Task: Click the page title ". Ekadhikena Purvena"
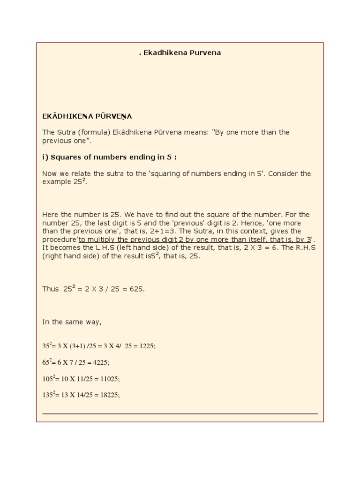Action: [x=180, y=53]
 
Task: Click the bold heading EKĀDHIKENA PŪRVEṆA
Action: [x=87, y=116]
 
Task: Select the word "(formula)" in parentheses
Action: [x=97, y=132]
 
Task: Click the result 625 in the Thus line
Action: [x=136, y=289]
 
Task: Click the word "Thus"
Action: [x=51, y=289]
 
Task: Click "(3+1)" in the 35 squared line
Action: [x=79, y=346]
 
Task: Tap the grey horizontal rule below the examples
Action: [x=180, y=414]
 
